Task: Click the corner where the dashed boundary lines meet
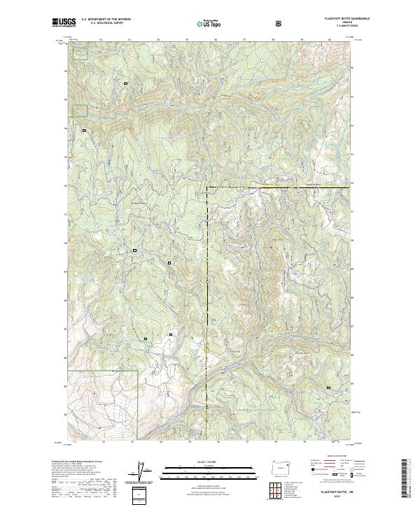click(x=208, y=187)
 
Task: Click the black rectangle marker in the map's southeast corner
click(x=328, y=387)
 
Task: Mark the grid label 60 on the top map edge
click(x=330, y=39)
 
